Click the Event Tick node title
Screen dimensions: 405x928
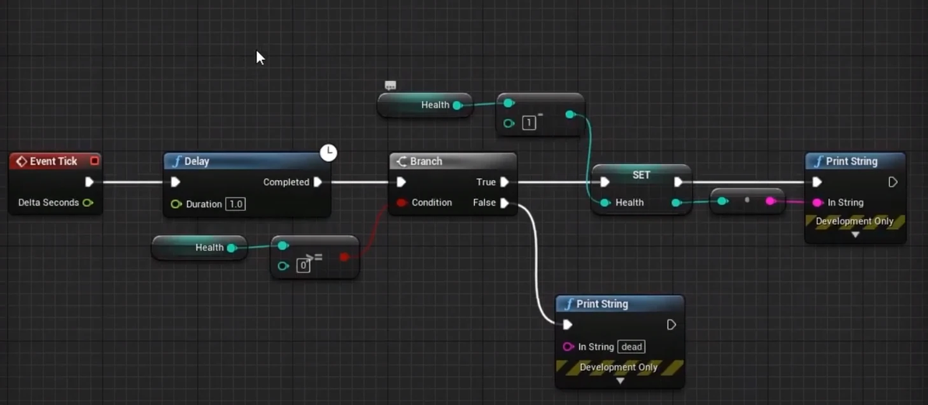pos(53,161)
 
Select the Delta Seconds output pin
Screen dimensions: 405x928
pos(88,202)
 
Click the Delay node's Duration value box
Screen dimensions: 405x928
pos(235,204)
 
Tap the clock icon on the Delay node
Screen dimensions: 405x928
pos(329,153)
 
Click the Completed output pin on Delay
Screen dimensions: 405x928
pos(318,182)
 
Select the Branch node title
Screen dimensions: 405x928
pos(426,161)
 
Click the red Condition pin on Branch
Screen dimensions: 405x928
pos(401,202)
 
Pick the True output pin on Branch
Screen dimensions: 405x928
pos(504,182)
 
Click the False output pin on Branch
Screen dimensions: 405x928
pos(504,202)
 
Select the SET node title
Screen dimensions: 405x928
pos(641,175)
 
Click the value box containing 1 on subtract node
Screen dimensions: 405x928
pos(529,123)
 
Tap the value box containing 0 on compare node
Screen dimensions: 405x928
pos(304,266)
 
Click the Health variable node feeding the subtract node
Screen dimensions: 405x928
pos(425,105)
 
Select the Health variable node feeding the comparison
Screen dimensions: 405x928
pos(199,248)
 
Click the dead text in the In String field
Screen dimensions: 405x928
pos(632,347)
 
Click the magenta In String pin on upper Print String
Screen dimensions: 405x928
pos(817,202)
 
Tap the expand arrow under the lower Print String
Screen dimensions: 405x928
pos(620,382)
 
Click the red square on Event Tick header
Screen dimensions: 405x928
pos(94,161)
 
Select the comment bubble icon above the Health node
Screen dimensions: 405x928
pos(390,86)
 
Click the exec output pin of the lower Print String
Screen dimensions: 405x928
pos(671,325)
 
